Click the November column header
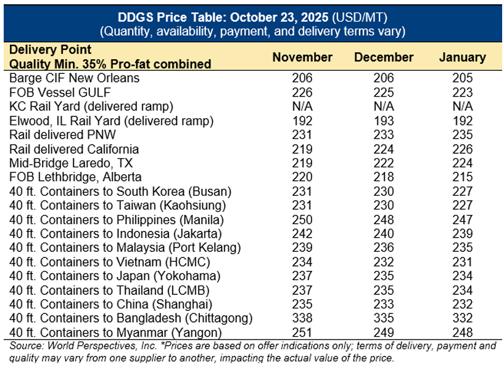(x=302, y=57)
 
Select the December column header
(x=384, y=57)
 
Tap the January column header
(x=462, y=57)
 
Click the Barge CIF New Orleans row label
(x=75, y=78)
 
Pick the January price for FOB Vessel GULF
(x=462, y=92)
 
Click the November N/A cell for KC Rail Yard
(x=302, y=107)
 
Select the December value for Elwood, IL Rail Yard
(x=384, y=121)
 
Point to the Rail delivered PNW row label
(x=63, y=135)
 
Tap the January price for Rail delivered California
(x=462, y=149)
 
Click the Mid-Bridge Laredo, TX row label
(x=72, y=163)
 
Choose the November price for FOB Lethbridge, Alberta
(x=302, y=177)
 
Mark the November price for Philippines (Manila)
(x=302, y=220)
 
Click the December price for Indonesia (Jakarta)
(x=384, y=234)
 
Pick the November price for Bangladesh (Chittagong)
(x=302, y=318)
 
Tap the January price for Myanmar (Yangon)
(x=462, y=332)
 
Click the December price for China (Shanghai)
(x=384, y=304)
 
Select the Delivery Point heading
(x=51, y=50)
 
